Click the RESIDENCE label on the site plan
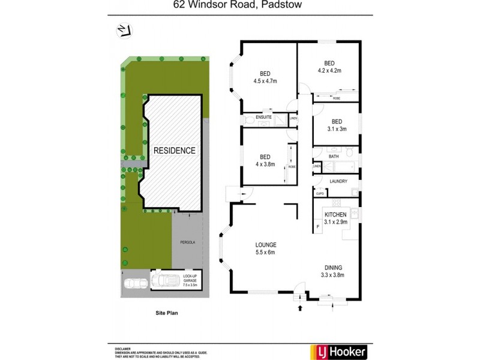pyautogui.click(x=174, y=151)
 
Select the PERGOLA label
pyautogui.click(x=188, y=242)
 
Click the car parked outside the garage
pyautogui.click(x=134, y=284)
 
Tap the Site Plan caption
pyautogui.click(x=167, y=313)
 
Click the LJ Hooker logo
pyautogui.click(x=338, y=352)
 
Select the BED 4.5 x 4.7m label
pyautogui.click(x=265, y=76)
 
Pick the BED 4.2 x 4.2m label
pyautogui.click(x=329, y=67)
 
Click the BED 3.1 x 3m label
pyautogui.click(x=336, y=124)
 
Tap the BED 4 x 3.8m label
pyautogui.click(x=264, y=160)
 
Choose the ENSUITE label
pyautogui.click(x=263, y=117)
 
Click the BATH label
pyautogui.click(x=334, y=157)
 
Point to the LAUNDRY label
pyautogui.click(x=339, y=181)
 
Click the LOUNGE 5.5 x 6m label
pyautogui.click(x=265, y=248)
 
